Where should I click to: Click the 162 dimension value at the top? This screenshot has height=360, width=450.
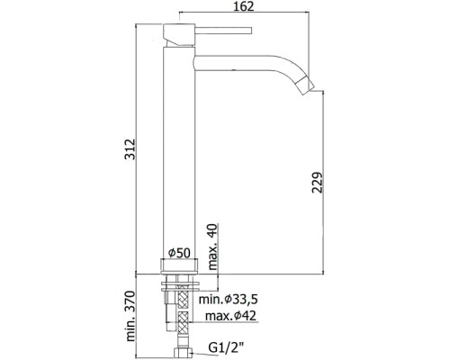(243, 6)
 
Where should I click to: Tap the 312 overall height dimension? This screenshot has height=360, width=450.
(130, 148)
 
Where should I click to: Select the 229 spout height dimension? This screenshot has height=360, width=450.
(317, 182)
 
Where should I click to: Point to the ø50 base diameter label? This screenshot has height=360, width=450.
(179, 253)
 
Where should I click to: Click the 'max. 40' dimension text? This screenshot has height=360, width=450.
(212, 247)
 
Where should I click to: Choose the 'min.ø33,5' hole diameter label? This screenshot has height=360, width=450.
(229, 299)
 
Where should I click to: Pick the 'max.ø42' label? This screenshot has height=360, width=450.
(230, 316)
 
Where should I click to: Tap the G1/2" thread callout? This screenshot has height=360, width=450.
(226, 348)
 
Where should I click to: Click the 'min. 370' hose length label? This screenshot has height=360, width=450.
(130, 316)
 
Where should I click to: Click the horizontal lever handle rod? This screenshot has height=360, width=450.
(223, 31)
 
